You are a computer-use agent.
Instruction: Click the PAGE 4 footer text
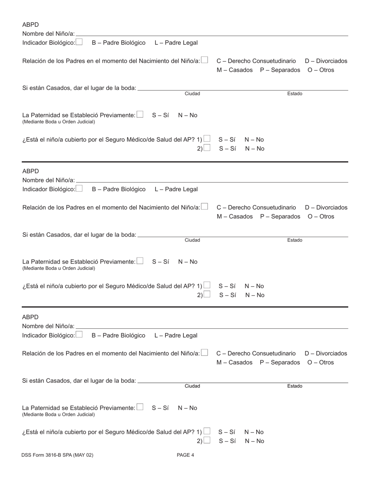pos(185,455)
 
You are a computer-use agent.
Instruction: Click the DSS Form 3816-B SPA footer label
pos(58,455)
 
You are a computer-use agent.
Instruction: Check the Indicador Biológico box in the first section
pos(79,42)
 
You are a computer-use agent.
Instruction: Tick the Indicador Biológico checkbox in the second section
pos(79,189)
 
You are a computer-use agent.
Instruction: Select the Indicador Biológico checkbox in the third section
pos(79,335)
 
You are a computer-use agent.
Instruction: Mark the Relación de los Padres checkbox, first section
pos(205,60)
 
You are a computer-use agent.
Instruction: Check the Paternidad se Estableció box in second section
pos(140,261)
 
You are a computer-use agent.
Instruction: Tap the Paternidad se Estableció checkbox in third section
pos(140,407)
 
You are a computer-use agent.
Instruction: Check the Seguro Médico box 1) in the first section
pos(207,139)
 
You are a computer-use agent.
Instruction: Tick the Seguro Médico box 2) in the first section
pos(207,148)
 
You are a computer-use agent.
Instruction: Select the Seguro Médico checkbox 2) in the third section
pos(207,440)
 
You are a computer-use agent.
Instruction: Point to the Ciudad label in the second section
pos(192,240)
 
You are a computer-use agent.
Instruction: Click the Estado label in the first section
pos(295,94)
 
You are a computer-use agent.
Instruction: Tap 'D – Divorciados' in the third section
pos(326,354)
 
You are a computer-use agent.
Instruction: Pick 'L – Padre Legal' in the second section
pos(176,189)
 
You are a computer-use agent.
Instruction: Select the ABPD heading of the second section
pos(30,171)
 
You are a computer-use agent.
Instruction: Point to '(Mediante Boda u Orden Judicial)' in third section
pos(58,414)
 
